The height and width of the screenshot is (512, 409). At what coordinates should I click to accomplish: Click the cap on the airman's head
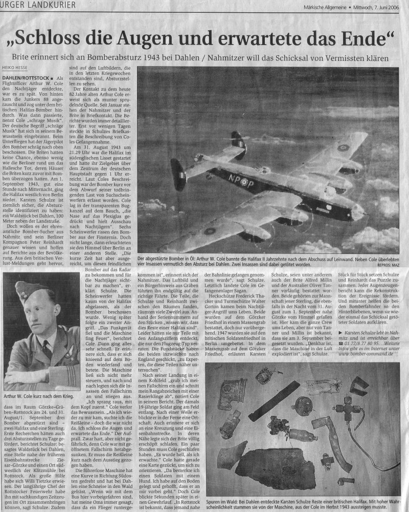tap(28, 290)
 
